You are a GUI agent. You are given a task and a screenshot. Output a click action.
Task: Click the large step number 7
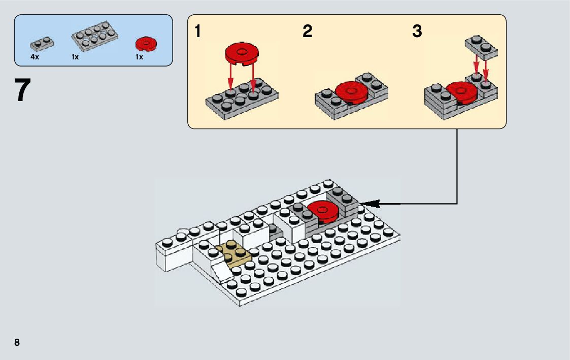point(22,91)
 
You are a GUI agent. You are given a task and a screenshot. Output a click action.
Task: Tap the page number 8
point(17,342)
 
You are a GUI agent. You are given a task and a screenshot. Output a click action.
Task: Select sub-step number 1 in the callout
point(197,31)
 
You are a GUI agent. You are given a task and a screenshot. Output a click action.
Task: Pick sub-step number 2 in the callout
point(307,31)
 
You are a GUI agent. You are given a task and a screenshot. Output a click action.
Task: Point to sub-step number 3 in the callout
point(417,31)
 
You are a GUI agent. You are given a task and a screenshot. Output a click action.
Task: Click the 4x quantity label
point(35,57)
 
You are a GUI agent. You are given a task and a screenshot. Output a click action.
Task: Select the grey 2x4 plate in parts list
point(95,36)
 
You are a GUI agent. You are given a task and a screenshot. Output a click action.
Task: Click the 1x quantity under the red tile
point(139,57)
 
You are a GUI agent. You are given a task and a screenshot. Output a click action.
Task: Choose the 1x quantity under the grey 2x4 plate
point(75,57)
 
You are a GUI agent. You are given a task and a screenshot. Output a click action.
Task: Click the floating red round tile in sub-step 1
point(242,53)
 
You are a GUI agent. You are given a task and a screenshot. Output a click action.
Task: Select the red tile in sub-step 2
point(352,92)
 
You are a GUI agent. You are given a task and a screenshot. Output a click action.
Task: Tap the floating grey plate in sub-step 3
point(481,47)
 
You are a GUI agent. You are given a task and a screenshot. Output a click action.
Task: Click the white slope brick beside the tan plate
point(222,268)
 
